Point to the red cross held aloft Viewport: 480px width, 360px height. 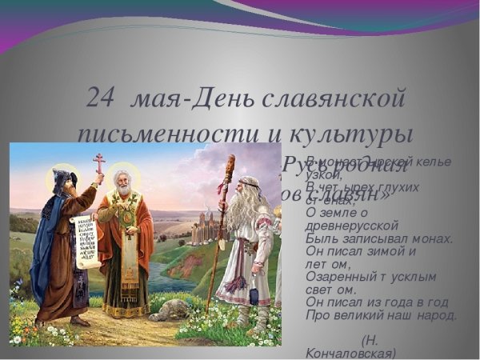pos(99,163)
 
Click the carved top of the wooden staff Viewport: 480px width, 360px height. pos(230,168)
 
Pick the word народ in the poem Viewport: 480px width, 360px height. pos(435,314)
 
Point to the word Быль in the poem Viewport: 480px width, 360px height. pos(319,238)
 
